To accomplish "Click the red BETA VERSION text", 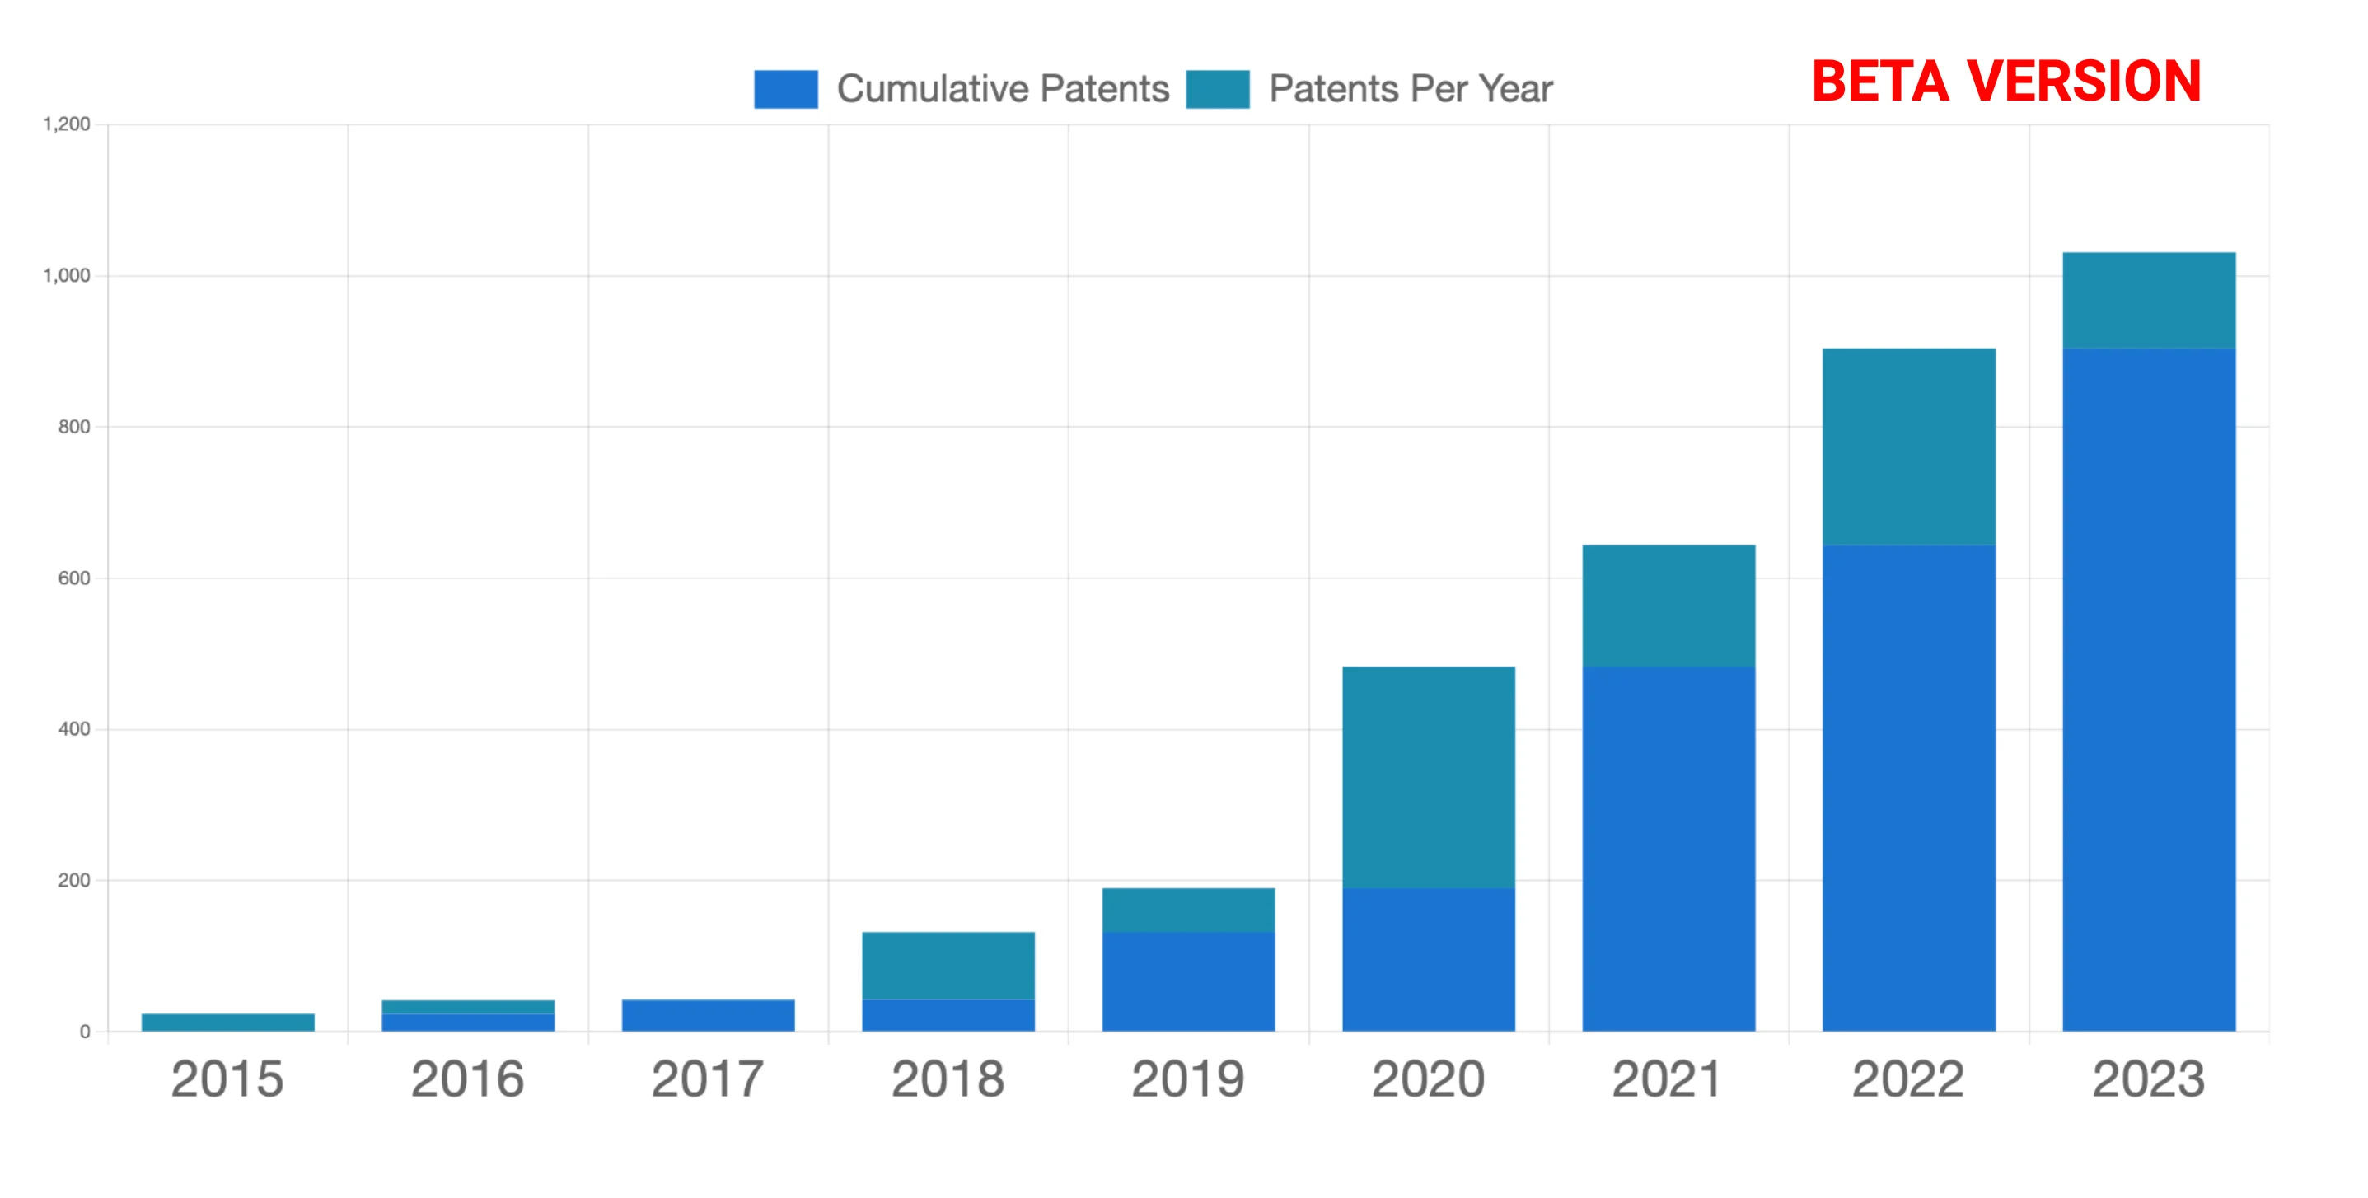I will [2005, 81].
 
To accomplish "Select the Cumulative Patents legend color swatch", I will [785, 89].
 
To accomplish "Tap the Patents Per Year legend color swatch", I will [1217, 89].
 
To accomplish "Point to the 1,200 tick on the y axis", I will [67, 124].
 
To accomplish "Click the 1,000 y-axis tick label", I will [67, 276].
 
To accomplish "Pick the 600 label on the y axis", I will [73, 578].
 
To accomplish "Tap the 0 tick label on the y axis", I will [85, 1032].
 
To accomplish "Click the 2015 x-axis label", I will [227, 1079].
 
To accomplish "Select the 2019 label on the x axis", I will [1187, 1079].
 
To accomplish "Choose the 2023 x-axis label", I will [2148, 1079].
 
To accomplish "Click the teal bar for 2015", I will [228, 1023].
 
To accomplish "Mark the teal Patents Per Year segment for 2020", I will [1429, 777].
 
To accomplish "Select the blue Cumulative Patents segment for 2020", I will [1429, 959].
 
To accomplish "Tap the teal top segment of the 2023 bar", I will [2148, 301].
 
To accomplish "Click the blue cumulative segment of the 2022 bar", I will [1908, 788].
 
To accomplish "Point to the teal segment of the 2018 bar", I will [948, 966].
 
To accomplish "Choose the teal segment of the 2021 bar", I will [1668, 606].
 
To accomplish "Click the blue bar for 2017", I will [708, 1016].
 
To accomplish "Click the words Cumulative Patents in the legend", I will [1002, 89].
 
